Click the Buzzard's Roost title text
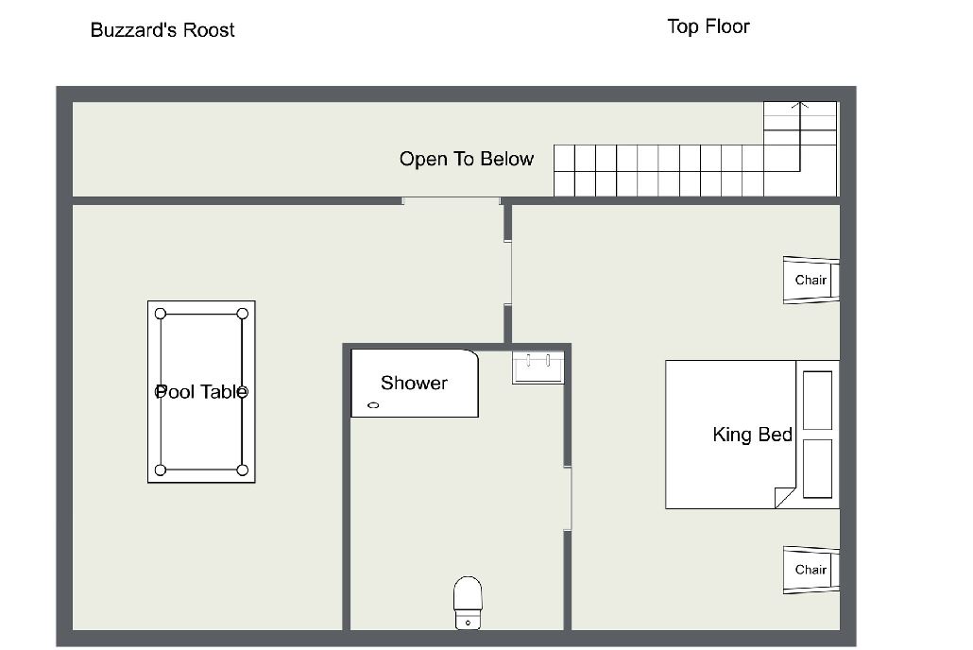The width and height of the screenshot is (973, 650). (162, 30)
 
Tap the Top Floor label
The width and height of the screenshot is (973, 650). (708, 26)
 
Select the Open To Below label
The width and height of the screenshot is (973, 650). (467, 159)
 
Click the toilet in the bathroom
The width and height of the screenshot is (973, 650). (468, 603)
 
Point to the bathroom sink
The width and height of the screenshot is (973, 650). (538, 367)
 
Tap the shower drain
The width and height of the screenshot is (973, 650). (373, 405)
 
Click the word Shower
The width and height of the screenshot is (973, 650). (414, 383)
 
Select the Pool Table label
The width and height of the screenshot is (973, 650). (201, 392)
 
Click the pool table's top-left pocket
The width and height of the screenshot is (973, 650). (161, 314)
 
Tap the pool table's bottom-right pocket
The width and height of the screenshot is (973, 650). (243, 470)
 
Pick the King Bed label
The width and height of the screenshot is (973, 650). (752, 434)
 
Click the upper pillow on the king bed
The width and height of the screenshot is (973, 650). (817, 401)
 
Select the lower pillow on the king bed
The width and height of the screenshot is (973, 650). (817, 469)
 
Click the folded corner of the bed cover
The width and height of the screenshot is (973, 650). (784, 497)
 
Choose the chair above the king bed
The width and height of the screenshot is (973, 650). (811, 280)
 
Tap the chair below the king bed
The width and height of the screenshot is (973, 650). (811, 570)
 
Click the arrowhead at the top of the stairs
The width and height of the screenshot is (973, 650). (800, 105)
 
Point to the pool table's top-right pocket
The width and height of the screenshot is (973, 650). (243, 314)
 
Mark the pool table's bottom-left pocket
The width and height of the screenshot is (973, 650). (161, 470)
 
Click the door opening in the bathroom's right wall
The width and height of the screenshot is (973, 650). (567, 499)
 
